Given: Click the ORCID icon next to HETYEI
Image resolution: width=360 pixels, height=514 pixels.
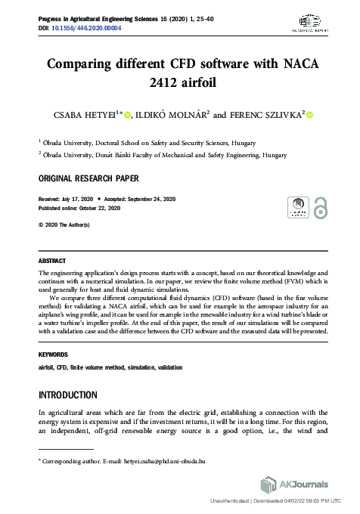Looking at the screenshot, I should (x=126, y=115).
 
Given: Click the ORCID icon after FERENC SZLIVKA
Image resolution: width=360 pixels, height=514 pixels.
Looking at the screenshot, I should (x=310, y=115).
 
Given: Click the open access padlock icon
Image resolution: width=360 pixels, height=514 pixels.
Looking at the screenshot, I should (x=321, y=208).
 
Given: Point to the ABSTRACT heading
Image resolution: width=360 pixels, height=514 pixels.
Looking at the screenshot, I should (x=52, y=261).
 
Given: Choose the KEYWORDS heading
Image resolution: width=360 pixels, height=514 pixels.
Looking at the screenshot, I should (x=54, y=354).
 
